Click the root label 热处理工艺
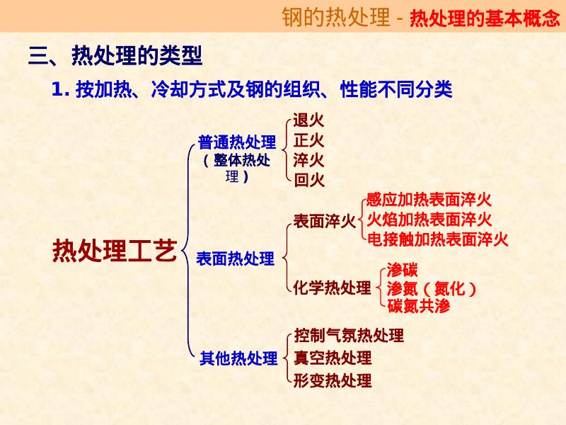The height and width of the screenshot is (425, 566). (115, 251)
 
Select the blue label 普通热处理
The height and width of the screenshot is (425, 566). (237, 143)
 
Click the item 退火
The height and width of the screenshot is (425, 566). (308, 120)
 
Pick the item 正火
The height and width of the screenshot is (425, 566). (308, 140)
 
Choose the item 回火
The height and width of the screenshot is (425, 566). (308, 180)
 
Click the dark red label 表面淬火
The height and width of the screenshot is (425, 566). (325, 222)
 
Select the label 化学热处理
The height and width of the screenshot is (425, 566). (333, 288)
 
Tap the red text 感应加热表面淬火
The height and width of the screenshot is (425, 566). (429, 200)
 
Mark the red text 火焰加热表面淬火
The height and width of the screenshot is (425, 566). (429, 219)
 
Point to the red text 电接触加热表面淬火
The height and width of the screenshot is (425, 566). (437, 239)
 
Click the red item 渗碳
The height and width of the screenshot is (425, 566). (403, 269)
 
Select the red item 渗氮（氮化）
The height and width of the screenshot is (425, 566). (432, 288)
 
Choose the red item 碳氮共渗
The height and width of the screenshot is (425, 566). (419, 307)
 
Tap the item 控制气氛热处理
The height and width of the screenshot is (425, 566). (349, 335)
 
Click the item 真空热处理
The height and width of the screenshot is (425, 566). (333, 358)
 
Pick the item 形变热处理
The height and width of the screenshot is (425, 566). (333, 380)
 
